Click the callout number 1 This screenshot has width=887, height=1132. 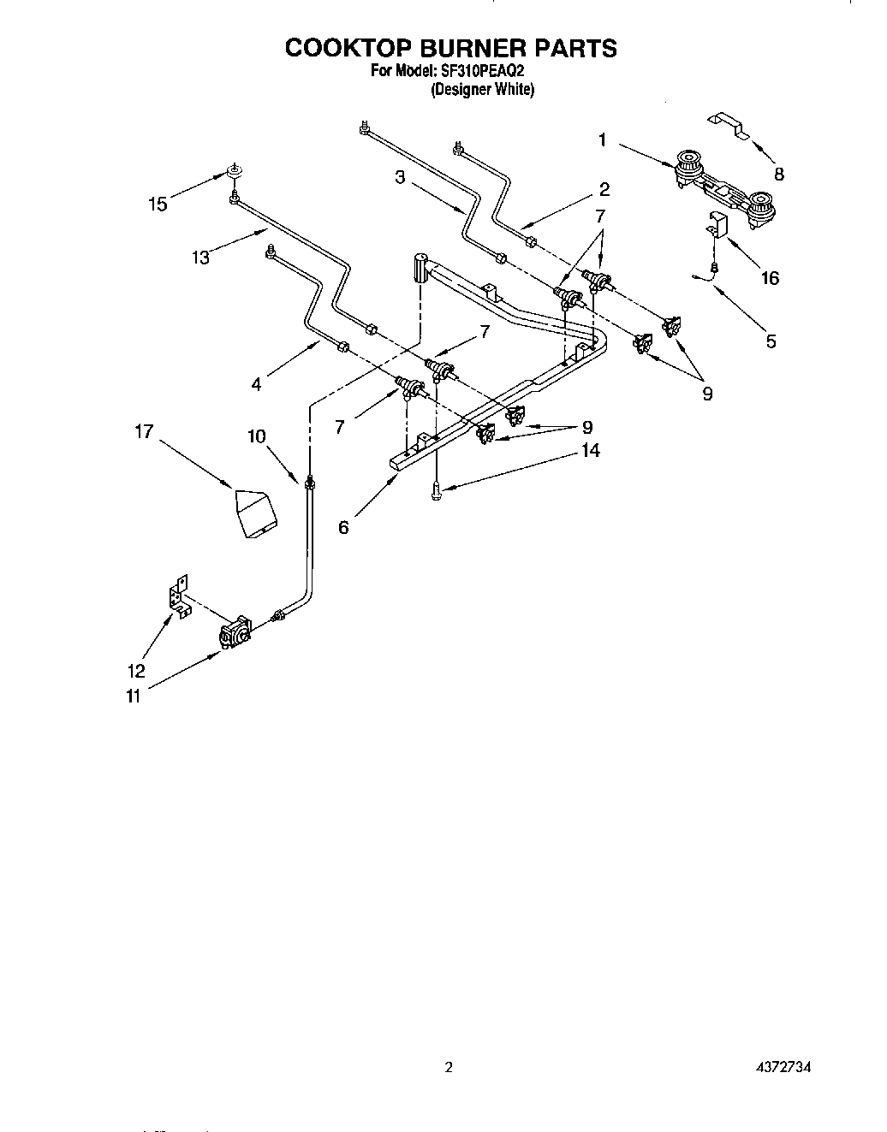[603, 139]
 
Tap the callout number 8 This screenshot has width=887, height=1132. [778, 174]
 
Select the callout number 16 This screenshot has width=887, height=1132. [771, 277]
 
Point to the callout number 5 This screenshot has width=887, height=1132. [771, 341]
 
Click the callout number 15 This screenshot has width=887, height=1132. [157, 204]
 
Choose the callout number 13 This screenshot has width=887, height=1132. [200, 257]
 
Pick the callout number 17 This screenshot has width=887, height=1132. [143, 431]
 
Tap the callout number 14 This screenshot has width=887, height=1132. [591, 450]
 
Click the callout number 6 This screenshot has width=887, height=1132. [343, 527]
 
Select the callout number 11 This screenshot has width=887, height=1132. [133, 696]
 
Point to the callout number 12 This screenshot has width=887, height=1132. [137, 671]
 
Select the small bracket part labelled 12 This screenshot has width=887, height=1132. [178, 594]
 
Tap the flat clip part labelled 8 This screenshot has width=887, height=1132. [728, 125]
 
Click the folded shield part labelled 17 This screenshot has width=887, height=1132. [256, 512]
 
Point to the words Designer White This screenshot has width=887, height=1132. [481, 89]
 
